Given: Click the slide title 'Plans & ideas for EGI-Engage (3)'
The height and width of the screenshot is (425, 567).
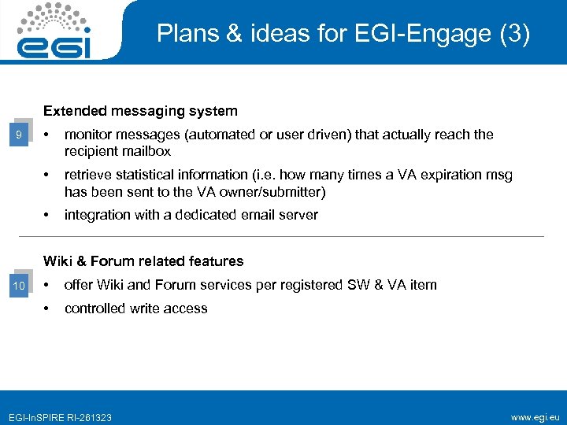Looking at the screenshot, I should pos(343,34).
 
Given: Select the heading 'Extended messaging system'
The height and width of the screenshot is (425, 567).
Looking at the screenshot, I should pos(140,111).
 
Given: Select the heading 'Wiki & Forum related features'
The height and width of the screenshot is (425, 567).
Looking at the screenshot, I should pos(143,261).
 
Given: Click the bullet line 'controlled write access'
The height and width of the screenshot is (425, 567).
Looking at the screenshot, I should pos(135,309).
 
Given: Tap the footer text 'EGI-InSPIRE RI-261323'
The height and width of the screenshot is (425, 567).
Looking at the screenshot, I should pos(59,417).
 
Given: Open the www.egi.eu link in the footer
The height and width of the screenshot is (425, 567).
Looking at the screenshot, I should pos(535,416).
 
